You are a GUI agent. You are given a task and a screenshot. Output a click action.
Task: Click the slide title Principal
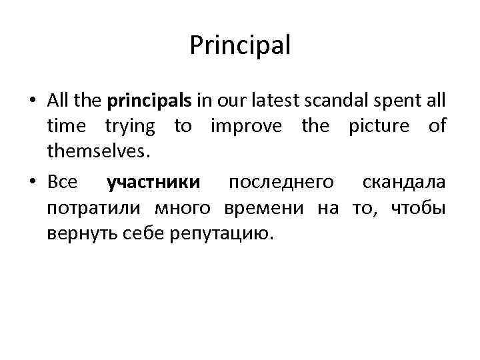coord(240,45)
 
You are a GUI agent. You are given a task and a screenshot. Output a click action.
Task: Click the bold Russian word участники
coord(153,183)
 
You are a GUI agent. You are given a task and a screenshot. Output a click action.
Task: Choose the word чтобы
coord(419,208)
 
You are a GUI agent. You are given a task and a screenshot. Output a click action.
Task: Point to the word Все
coord(63,183)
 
